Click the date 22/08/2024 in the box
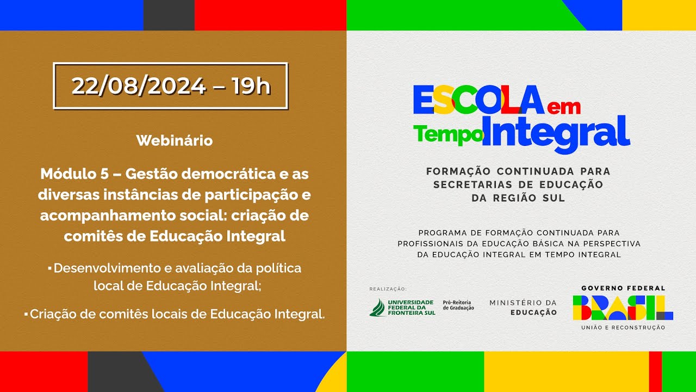pyautogui.click(x=139, y=86)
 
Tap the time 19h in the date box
pyautogui.click(x=251, y=86)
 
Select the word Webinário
pyautogui.click(x=174, y=140)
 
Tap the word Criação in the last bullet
pyautogui.click(x=52, y=314)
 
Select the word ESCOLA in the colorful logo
pyautogui.click(x=478, y=100)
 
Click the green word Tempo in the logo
pyautogui.click(x=448, y=134)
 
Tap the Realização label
pyautogui.click(x=388, y=289)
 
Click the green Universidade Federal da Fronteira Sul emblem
pyautogui.click(x=377, y=308)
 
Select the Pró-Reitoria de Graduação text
pyautogui.click(x=458, y=305)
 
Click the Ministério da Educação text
pyautogui.click(x=523, y=307)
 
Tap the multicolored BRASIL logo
pyautogui.click(x=623, y=308)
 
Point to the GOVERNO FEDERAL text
pyautogui.click(x=623, y=288)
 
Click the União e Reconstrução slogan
pyautogui.click(x=623, y=327)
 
